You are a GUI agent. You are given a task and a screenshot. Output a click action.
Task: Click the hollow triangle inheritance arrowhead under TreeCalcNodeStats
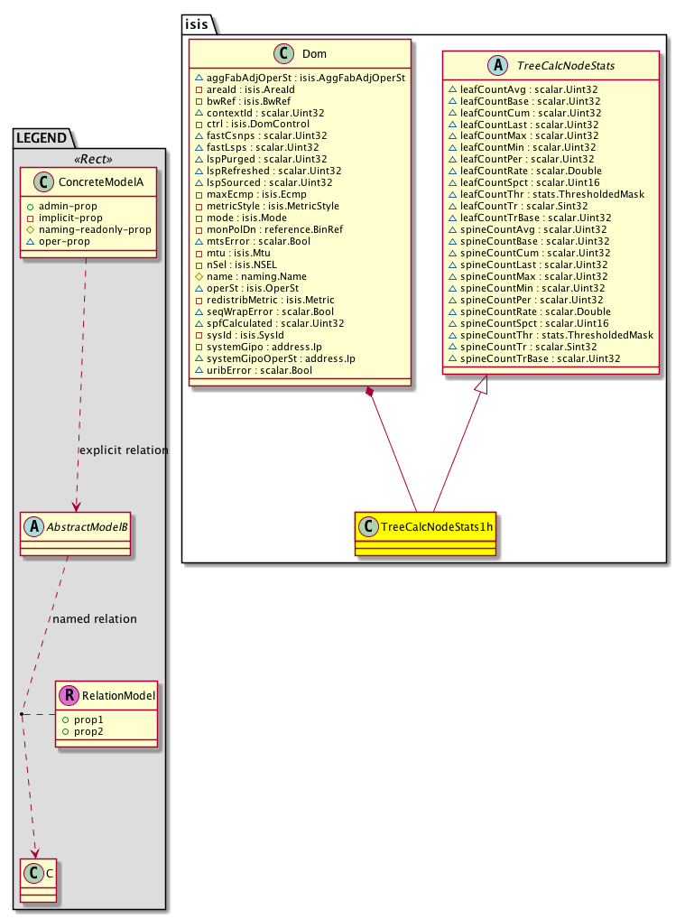[x=481, y=385]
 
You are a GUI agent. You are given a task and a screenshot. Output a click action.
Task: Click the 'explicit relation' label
[x=124, y=450]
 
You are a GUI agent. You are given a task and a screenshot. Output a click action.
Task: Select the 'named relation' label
[x=95, y=618]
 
